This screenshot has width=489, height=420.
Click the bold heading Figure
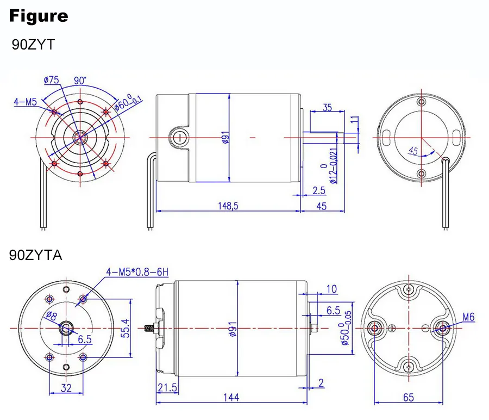39,16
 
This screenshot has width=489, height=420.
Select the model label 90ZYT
33,45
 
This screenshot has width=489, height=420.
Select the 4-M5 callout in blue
25,101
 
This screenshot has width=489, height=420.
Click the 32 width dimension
65,388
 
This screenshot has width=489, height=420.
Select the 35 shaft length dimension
328,107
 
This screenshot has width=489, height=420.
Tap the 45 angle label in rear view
413,151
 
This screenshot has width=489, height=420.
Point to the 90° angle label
80,81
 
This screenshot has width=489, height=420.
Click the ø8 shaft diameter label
52,316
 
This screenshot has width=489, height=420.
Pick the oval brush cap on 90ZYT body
178,138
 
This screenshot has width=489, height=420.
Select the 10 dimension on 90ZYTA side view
331,289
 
